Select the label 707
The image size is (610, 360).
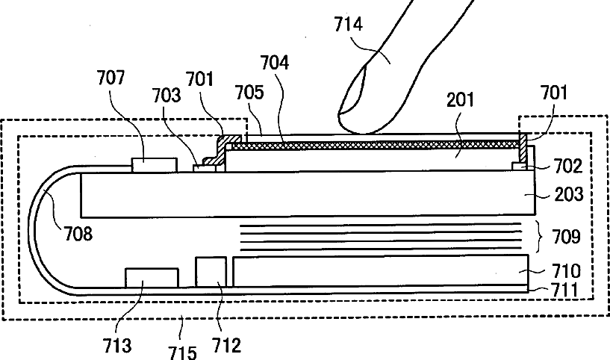tap(111, 77)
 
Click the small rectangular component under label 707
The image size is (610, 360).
tap(155, 164)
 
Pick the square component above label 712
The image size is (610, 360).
tap(211, 271)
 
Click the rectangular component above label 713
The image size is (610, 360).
tap(152, 278)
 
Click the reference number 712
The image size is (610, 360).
tap(226, 345)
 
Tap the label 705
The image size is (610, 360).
tap(249, 92)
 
